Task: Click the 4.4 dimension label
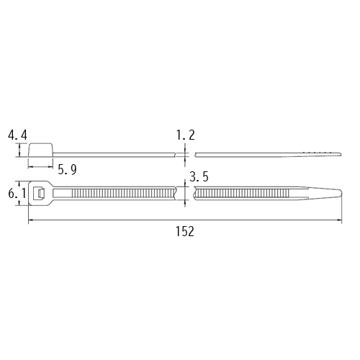click(17, 135)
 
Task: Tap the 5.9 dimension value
click(67, 170)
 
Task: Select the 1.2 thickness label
click(186, 135)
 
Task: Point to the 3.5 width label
click(199, 176)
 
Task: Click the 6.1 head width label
click(17, 193)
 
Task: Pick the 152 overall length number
click(185, 232)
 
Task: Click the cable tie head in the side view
click(41, 150)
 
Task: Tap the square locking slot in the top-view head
click(39, 194)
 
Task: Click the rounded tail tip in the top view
click(340, 194)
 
